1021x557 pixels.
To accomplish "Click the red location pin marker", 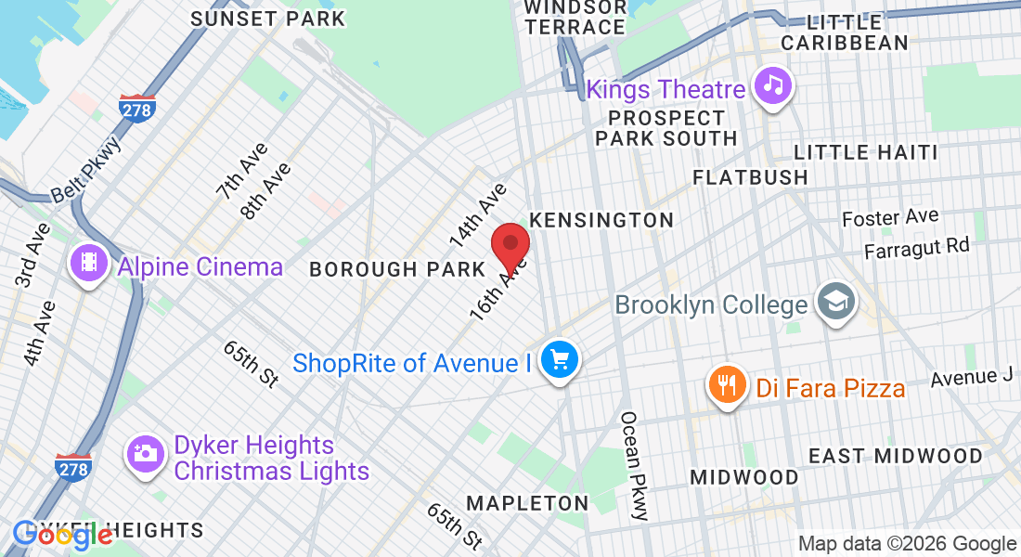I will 510,246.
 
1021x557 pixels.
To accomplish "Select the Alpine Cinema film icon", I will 87,263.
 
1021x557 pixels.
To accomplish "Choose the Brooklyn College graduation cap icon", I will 835,302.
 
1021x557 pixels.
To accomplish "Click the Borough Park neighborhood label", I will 397,269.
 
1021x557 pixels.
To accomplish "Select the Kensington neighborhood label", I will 601,220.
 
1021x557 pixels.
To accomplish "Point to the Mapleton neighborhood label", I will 527,503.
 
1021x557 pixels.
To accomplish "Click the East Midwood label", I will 895,456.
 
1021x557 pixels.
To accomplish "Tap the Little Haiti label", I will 865,152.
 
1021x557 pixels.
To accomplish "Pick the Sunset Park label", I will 267,19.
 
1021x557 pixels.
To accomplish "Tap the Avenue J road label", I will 972,377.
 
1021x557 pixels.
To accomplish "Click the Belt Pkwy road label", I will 86,170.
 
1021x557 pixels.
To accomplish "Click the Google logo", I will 63,534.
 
